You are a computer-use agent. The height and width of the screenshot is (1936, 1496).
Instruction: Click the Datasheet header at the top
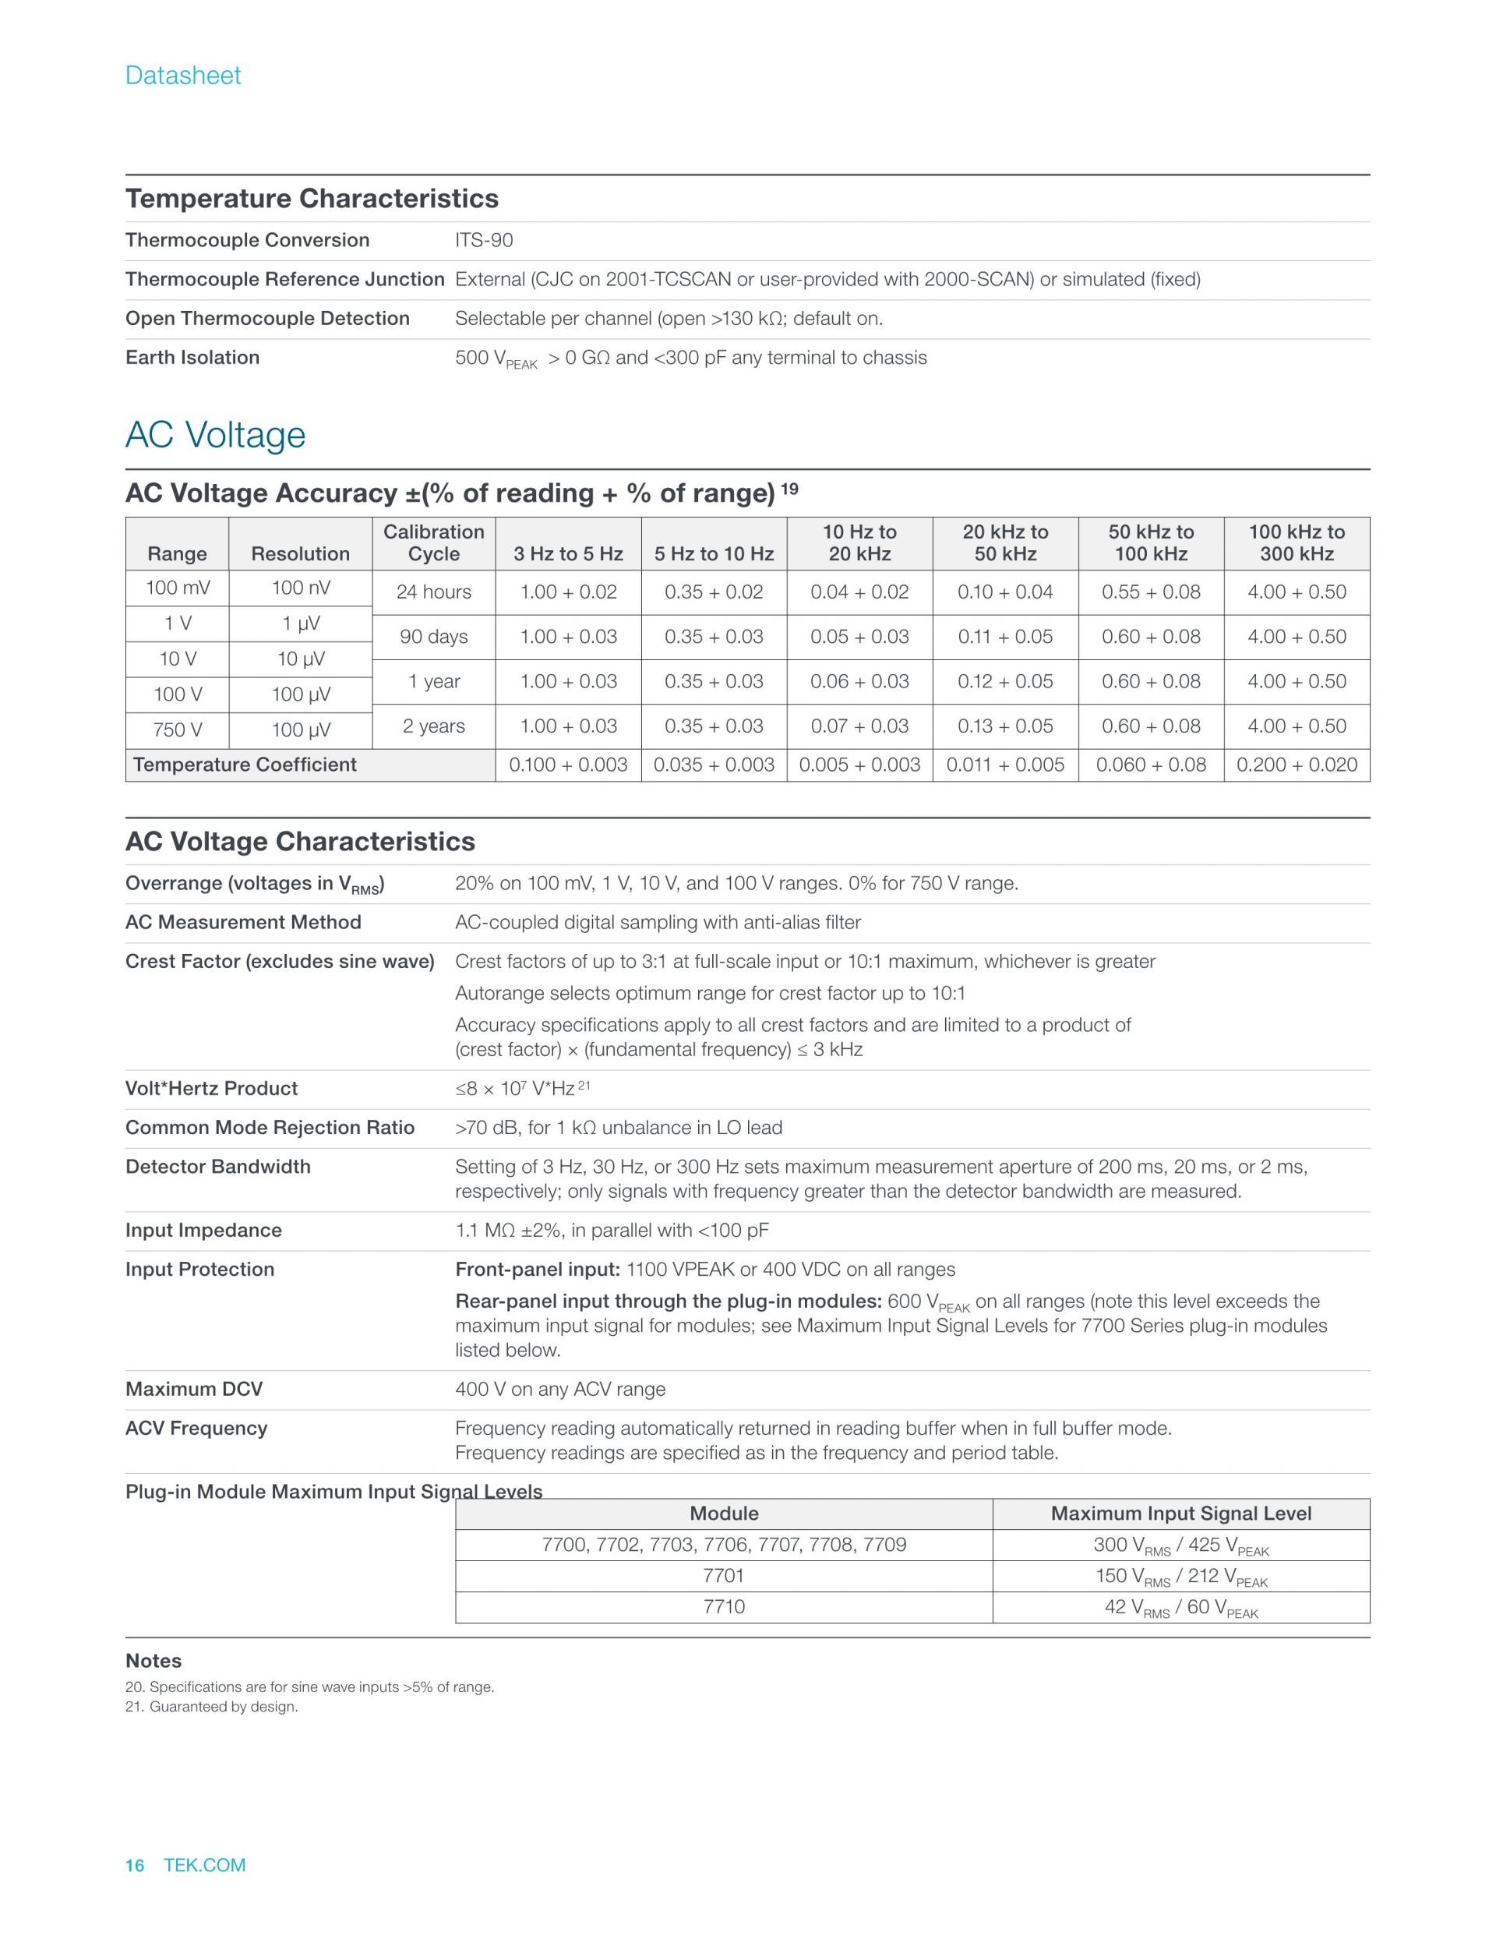[x=182, y=76]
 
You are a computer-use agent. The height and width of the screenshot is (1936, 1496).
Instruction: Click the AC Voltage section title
[x=215, y=435]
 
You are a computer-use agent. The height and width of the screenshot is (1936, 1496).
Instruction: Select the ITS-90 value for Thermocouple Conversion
[x=484, y=240]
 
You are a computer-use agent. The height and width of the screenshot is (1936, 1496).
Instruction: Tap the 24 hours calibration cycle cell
[x=433, y=592]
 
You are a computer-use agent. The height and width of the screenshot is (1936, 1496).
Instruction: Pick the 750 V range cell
[x=177, y=730]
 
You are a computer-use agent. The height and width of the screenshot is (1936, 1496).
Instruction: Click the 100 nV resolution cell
[x=301, y=588]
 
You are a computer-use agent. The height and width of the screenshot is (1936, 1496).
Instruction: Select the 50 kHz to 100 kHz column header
[x=1150, y=543]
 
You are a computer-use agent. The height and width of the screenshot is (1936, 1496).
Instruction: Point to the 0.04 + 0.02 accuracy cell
[x=859, y=592]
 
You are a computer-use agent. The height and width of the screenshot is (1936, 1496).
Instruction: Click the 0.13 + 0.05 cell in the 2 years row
[x=1005, y=726]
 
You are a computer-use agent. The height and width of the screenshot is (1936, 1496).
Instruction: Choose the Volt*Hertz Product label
[x=211, y=1089]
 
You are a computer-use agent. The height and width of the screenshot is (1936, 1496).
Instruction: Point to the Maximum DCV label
[x=194, y=1389]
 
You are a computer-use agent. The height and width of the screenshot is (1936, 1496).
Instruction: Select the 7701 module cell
[x=723, y=1575]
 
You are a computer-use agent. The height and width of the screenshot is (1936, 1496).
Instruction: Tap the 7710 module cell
[x=723, y=1606]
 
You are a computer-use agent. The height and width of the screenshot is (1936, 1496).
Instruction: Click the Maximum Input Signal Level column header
[x=1180, y=1513]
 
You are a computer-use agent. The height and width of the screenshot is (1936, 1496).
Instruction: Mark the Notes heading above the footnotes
[x=153, y=1660]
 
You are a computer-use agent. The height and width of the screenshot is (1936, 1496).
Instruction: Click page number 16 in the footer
[x=135, y=1865]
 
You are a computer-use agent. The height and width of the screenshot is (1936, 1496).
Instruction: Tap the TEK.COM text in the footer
[x=205, y=1865]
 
